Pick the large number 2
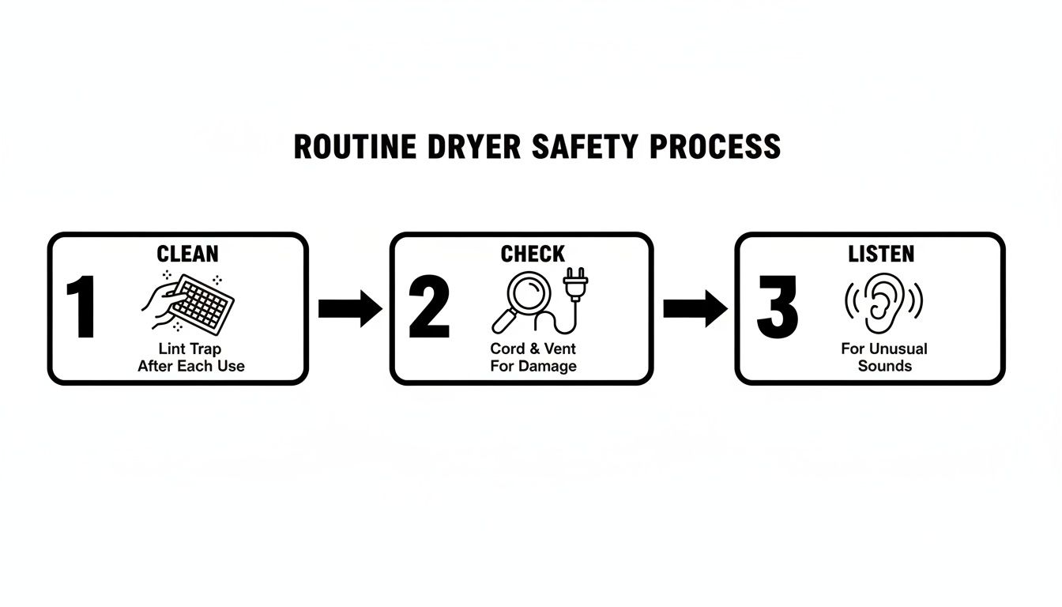[429, 308]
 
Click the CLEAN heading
[188, 254]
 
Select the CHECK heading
[533, 254]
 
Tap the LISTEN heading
[881, 254]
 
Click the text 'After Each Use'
[191, 366]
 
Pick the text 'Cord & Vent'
[533, 349]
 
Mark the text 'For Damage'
[533, 366]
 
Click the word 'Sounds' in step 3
[885, 366]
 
